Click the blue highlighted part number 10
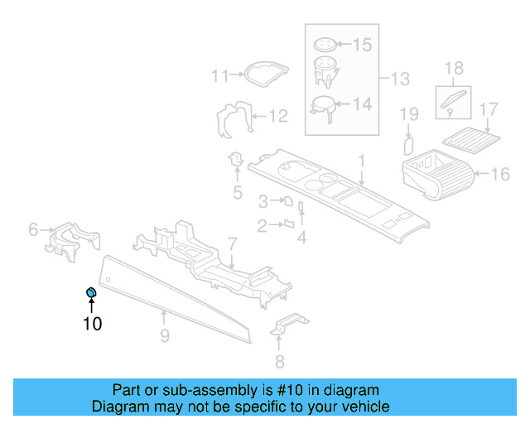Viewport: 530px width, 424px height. (x=91, y=292)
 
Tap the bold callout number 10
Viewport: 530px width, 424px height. (x=92, y=324)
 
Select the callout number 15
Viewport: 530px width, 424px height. (x=363, y=45)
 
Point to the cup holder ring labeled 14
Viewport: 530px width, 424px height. (x=322, y=106)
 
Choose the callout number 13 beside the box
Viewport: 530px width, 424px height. (x=400, y=79)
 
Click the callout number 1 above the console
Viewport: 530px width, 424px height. (x=361, y=159)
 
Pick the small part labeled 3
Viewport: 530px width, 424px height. (x=287, y=200)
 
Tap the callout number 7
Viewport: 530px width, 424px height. (x=233, y=243)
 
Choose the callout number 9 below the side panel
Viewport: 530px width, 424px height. (x=165, y=335)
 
